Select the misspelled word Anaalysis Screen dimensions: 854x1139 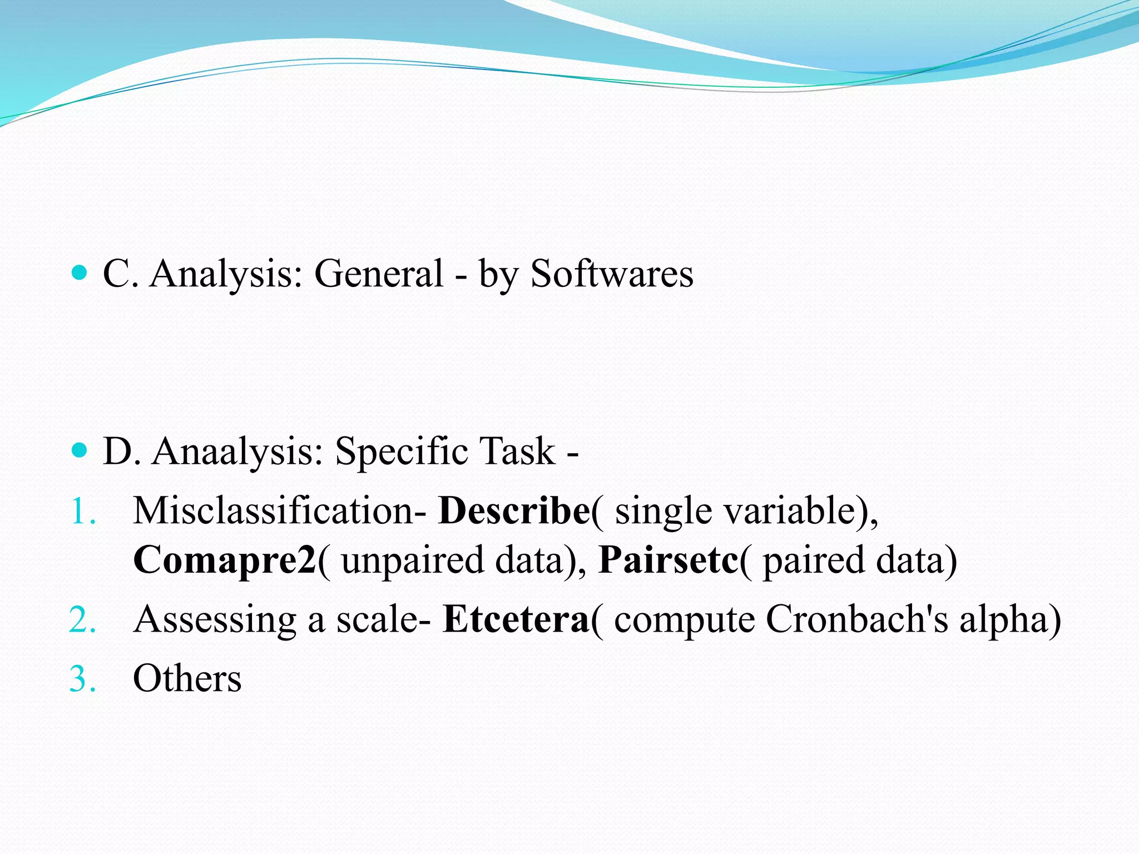click(237, 451)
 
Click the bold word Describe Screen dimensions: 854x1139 click(514, 510)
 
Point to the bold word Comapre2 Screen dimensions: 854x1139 click(225, 559)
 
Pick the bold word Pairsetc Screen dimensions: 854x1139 click(668, 559)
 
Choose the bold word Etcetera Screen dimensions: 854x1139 click(516, 619)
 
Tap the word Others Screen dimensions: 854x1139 click(187, 678)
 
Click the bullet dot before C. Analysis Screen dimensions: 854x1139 click(80, 273)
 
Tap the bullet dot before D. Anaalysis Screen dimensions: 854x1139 click(80, 450)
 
